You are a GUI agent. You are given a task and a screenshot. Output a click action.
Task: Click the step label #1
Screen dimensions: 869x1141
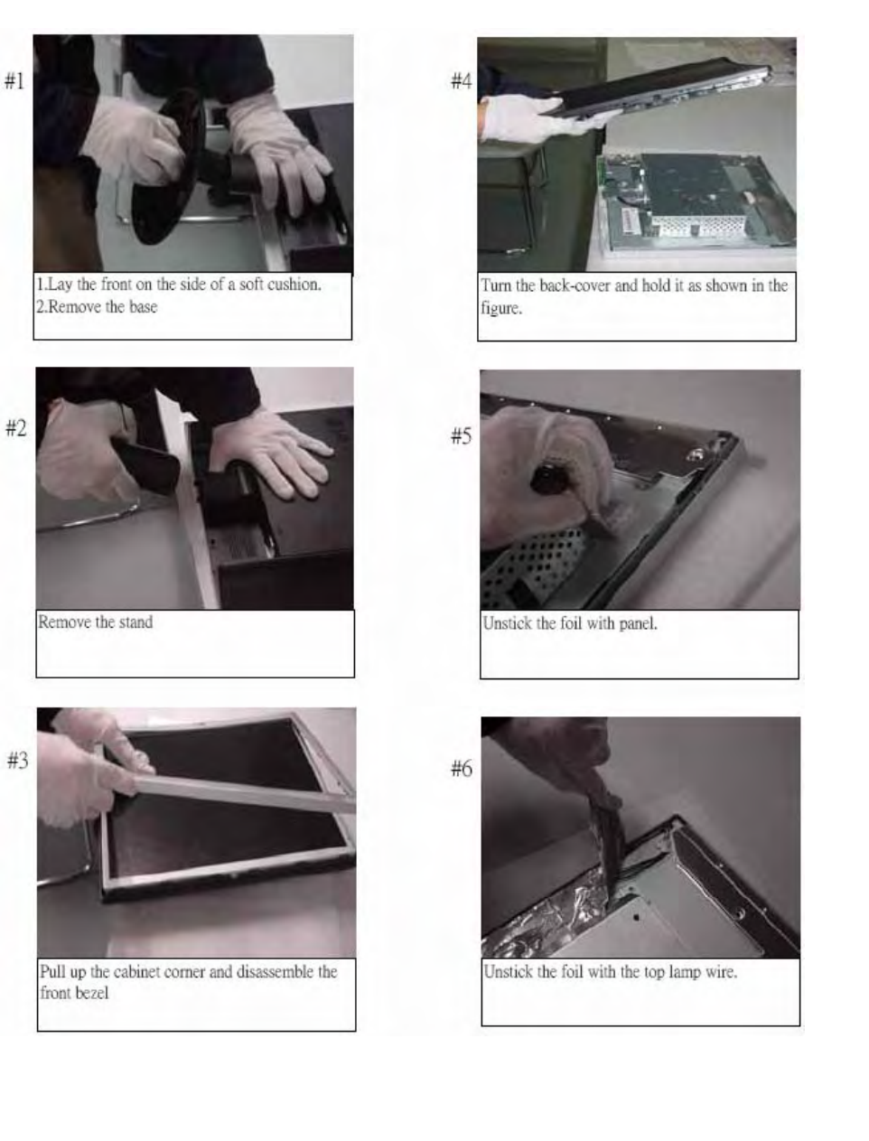pos(14,81)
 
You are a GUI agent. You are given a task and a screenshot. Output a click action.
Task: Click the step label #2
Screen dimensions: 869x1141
pos(16,428)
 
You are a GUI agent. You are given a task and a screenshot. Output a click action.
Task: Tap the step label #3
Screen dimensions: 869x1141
pos(18,761)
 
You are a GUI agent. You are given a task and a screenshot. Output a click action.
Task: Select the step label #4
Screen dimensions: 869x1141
pos(462,81)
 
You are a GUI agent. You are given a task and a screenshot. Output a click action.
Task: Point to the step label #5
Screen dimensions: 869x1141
pos(462,435)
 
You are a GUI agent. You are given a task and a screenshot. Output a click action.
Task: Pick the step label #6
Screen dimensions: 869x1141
pos(462,768)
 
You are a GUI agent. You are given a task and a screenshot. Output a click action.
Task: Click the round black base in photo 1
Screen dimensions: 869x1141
pos(165,167)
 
